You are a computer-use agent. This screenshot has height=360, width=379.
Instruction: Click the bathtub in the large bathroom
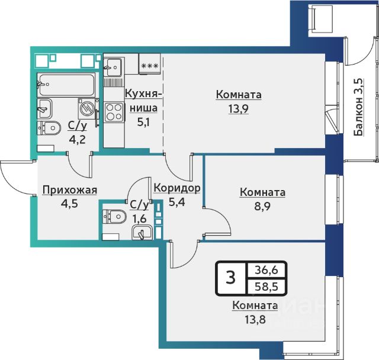[66, 85]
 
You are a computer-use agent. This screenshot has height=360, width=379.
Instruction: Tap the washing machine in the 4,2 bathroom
[87, 108]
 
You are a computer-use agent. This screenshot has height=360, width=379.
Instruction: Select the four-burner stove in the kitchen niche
[114, 112]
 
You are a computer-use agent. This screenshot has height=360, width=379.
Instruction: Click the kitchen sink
[113, 67]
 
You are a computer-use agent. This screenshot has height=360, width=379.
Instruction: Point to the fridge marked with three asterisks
[150, 63]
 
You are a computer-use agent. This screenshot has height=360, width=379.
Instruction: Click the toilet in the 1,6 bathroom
[114, 217]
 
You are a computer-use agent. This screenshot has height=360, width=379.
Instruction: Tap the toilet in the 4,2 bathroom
[49, 127]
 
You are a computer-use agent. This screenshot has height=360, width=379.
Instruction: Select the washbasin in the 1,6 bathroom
[142, 233]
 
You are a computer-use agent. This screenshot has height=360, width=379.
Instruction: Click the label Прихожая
[70, 191]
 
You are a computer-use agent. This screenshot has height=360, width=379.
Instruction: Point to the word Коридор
[177, 188]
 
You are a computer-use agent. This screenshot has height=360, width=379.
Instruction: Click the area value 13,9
[239, 109]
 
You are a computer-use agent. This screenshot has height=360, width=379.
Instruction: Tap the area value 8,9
[262, 207]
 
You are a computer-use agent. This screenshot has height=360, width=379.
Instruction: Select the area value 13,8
[255, 320]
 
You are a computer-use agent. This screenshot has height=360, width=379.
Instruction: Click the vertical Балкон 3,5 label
[359, 107]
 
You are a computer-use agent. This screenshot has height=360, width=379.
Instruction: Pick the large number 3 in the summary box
[231, 278]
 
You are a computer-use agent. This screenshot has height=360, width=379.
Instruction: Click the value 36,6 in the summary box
[266, 270]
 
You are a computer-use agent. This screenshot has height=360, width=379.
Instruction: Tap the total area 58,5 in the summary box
[266, 287]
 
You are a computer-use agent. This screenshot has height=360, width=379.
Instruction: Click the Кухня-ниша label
[143, 101]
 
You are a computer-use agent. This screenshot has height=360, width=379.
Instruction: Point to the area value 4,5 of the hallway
[69, 204]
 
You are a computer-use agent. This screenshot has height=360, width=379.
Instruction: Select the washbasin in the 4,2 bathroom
[44, 108]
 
